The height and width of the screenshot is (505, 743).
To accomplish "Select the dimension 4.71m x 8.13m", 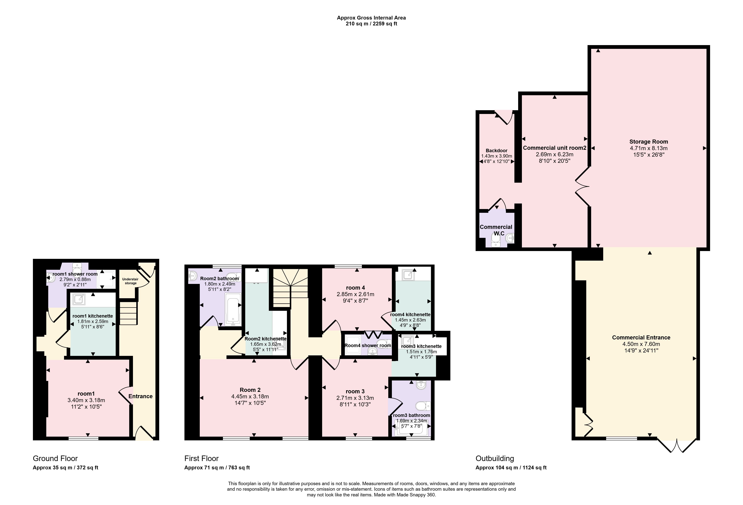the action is tap(649, 148).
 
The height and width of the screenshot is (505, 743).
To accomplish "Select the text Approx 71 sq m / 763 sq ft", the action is tap(217, 468).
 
